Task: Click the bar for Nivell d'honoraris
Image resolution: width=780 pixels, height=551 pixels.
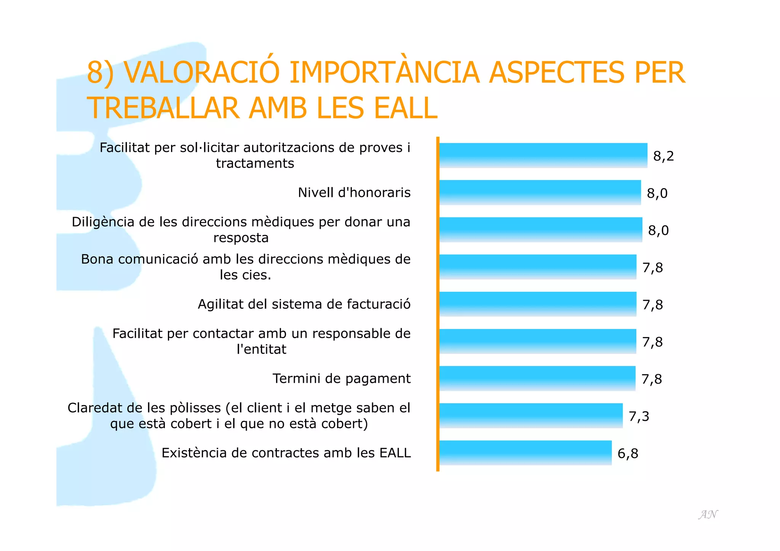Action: tap(540, 192)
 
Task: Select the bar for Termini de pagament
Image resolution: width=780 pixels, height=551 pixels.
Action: tap(537, 378)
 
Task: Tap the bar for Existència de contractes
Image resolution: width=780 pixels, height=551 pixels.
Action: tap(525, 452)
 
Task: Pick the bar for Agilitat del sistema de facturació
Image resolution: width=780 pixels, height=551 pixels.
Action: tap(537, 304)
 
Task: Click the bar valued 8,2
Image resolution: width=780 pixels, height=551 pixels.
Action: tap(543, 155)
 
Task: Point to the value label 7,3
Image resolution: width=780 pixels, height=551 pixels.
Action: tap(639, 416)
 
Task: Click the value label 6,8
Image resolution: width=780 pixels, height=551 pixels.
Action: tap(628, 453)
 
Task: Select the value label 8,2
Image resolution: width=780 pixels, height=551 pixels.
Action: tap(663, 156)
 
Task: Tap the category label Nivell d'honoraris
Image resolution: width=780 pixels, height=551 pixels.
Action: tap(354, 193)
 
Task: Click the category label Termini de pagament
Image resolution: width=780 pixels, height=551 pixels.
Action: tap(342, 379)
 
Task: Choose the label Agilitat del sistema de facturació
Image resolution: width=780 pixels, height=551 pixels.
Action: tap(304, 304)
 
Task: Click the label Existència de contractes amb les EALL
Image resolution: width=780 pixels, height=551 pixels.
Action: tap(286, 453)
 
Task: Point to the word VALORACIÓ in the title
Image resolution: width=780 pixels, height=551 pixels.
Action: tap(202, 72)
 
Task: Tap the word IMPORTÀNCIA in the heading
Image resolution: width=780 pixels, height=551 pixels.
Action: tap(384, 72)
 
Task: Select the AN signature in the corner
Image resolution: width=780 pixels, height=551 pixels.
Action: tap(708, 514)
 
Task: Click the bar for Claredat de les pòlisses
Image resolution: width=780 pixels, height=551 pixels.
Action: tap(531, 415)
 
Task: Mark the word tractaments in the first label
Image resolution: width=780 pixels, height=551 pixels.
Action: tap(255, 163)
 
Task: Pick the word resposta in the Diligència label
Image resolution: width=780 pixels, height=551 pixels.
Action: tap(241, 238)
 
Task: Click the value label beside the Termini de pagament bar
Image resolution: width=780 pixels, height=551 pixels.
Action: tap(652, 379)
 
